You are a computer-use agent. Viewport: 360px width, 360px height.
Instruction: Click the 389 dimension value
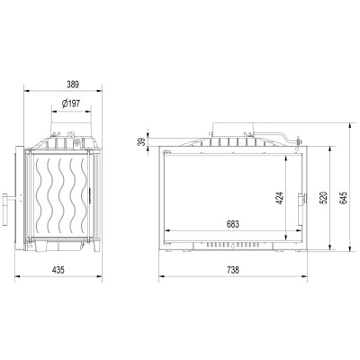tap(73, 85)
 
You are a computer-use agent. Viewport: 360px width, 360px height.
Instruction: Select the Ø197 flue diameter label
tap(71, 104)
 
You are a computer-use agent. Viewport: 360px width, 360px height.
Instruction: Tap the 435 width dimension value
tap(58, 270)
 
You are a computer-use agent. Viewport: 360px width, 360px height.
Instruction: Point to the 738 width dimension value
tap(233, 270)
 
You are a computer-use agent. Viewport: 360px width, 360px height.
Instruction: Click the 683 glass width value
tap(233, 224)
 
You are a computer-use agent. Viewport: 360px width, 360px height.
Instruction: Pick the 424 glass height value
tap(279, 198)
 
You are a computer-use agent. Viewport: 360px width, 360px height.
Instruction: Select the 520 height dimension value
tap(323, 198)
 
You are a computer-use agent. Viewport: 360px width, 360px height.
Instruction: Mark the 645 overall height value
tap(344, 198)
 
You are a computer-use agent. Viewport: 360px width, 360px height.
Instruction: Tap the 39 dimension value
tap(141, 141)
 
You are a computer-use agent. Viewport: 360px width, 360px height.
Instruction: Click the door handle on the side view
tap(6, 210)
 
